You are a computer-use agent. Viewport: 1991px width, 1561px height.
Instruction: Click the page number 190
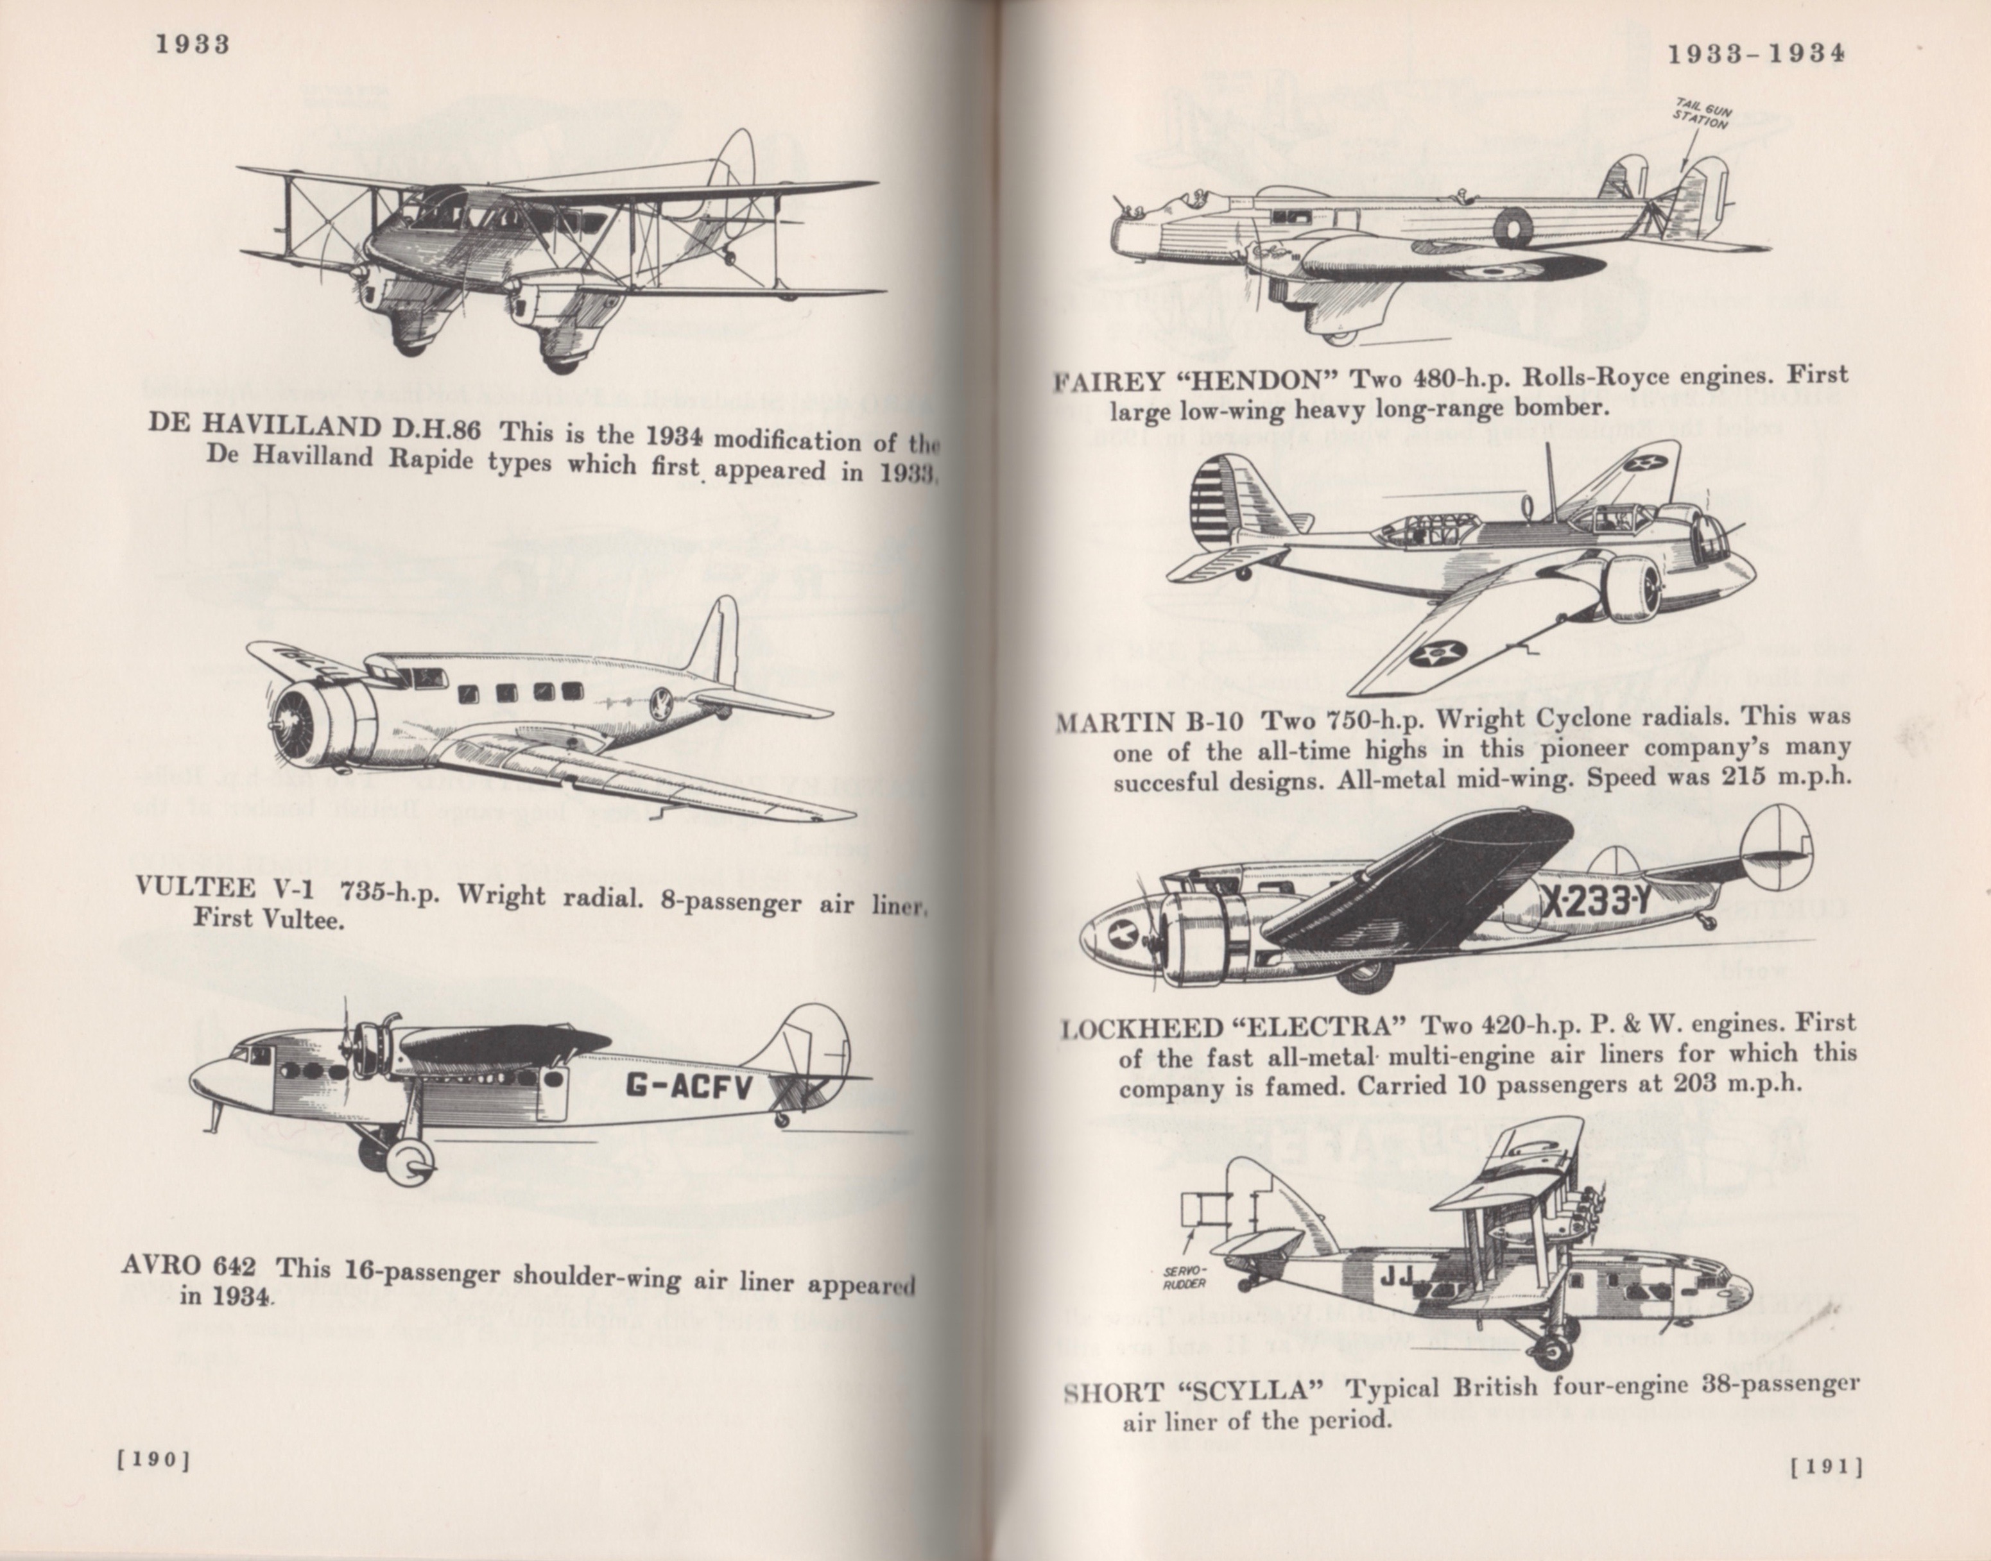(x=153, y=1460)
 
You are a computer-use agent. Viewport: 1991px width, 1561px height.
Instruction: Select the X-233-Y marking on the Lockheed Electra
(x=1597, y=902)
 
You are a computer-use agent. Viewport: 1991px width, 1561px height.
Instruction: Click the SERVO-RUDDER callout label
(x=1185, y=1277)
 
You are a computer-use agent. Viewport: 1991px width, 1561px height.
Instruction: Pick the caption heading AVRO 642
(x=188, y=1267)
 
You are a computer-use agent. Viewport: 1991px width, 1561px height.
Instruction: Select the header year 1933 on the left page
(x=191, y=44)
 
